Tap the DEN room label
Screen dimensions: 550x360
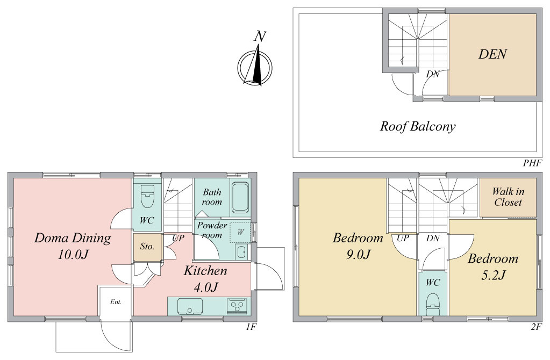point(492,54)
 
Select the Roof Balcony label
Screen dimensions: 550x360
point(417,126)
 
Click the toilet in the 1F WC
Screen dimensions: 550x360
point(147,196)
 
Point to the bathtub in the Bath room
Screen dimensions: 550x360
point(240,198)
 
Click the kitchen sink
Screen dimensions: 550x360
point(190,306)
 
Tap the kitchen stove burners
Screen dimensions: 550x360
point(237,306)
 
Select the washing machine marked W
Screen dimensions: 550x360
point(240,232)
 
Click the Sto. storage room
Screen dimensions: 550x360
point(147,247)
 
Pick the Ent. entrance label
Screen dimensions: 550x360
point(116,302)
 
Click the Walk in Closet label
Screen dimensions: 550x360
point(508,197)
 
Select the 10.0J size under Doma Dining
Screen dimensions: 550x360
point(73,255)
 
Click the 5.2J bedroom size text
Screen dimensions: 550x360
point(493,275)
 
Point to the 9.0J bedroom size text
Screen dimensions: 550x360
point(358,255)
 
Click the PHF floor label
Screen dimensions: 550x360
point(532,163)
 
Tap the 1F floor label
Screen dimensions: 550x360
point(251,327)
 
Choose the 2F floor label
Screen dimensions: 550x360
point(536,327)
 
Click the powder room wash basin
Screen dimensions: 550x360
point(241,252)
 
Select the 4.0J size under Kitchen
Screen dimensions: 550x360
point(206,287)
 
